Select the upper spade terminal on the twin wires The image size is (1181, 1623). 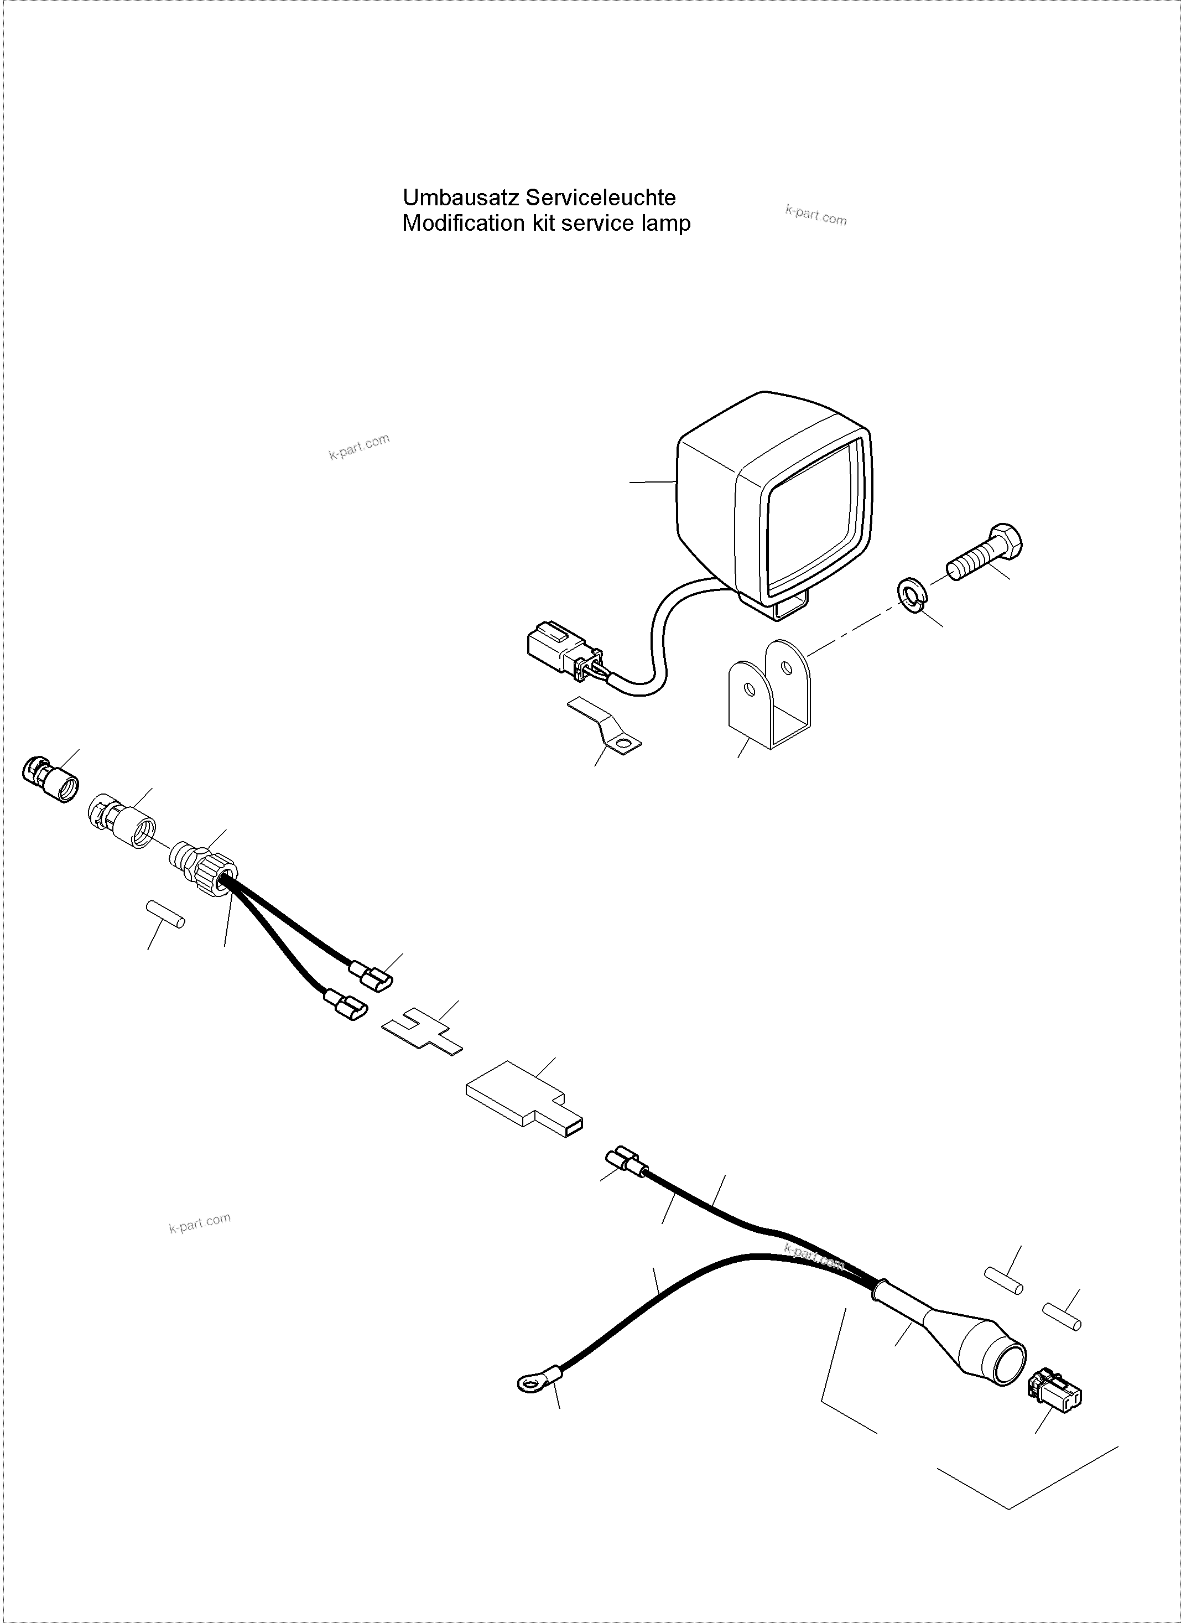pos(371,976)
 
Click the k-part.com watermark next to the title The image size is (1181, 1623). pos(815,215)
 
